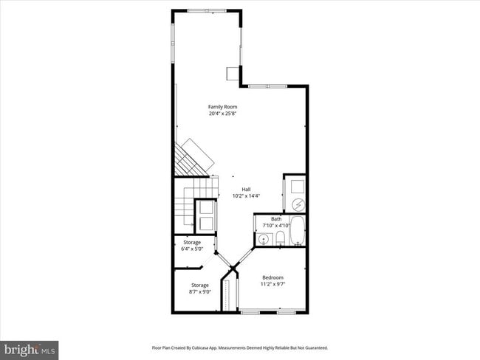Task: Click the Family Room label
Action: coord(222,107)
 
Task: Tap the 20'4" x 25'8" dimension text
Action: coord(222,114)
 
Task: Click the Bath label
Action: coord(276,218)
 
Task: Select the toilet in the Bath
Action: coord(281,238)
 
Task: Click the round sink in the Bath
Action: coord(264,239)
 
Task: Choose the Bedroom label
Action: coord(272,277)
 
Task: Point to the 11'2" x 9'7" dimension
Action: coord(272,284)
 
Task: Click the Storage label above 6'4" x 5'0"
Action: coord(191,242)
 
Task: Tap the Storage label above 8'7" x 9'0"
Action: coord(199,285)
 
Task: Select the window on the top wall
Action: coord(207,11)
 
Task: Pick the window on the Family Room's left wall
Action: coord(174,44)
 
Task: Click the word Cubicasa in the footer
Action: coord(210,347)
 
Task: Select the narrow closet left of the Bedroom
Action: coord(236,294)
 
